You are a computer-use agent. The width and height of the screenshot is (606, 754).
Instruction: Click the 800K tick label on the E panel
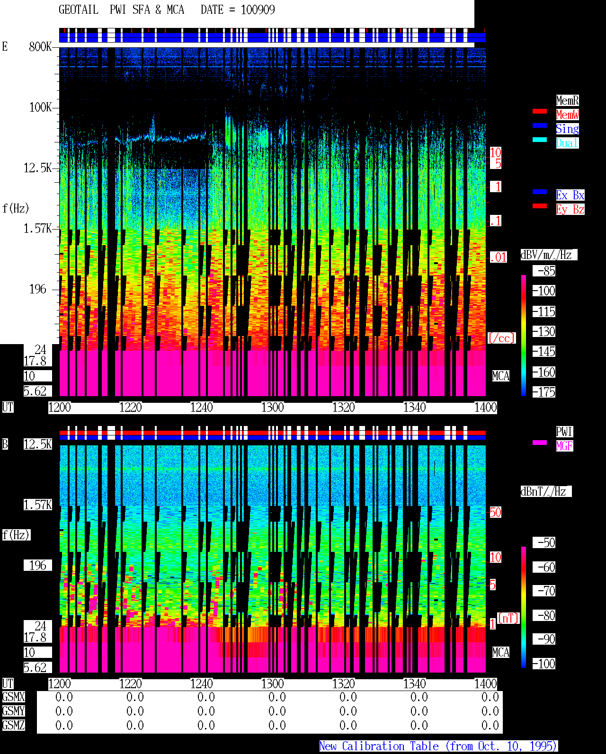40,46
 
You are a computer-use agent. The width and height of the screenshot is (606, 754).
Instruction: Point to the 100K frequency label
40,107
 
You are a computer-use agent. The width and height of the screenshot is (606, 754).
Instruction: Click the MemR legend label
567,100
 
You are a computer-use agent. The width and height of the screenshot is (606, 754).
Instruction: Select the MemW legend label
567,115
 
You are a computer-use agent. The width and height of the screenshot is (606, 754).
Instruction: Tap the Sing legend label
567,129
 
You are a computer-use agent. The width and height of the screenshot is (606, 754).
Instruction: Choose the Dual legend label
567,143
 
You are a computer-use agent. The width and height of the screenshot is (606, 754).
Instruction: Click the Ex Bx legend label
570,195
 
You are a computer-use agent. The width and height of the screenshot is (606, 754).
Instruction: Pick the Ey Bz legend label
570,209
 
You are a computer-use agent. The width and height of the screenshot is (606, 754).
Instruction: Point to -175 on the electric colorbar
544,392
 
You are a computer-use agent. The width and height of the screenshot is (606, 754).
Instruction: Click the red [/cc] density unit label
501,338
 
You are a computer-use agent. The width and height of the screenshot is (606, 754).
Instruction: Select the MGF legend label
564,446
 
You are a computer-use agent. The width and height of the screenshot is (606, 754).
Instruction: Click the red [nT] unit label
508,618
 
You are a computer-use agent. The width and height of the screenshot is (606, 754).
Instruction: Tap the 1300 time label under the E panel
272,408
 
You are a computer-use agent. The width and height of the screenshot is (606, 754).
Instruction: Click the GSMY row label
13,711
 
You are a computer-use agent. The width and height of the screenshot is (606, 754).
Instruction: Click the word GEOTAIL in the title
79,9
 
